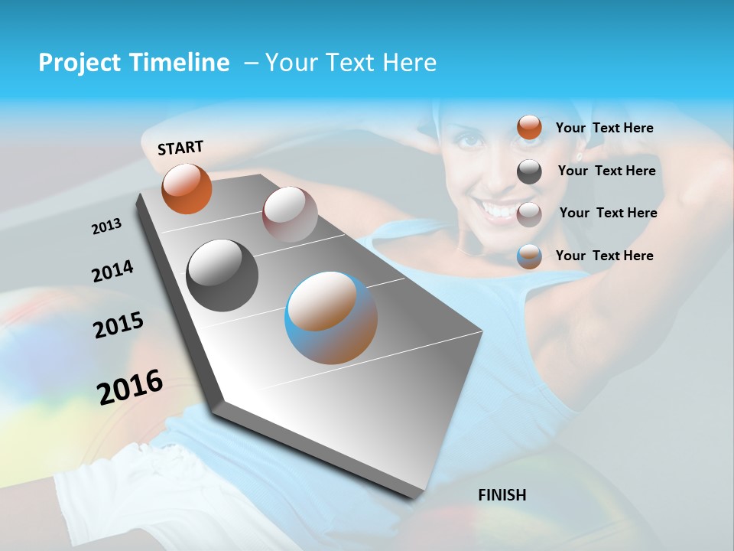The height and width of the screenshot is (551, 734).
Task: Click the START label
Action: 180,148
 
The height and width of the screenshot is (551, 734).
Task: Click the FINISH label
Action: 502,494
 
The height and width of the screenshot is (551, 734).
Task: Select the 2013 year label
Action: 106,226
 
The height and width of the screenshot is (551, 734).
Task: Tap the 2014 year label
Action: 112,271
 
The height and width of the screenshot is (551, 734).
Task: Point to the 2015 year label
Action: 118,324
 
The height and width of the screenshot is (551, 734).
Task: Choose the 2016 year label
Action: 130,386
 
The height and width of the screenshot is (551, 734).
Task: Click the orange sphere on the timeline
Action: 187,188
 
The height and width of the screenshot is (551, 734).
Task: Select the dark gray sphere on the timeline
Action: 222,275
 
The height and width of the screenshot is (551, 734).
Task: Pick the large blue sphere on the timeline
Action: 331,318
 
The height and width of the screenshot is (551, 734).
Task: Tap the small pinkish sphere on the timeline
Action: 290,214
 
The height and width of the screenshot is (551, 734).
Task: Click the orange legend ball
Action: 529,128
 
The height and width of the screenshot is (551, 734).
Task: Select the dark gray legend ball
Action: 529,171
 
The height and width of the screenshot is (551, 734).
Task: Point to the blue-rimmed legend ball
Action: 529,256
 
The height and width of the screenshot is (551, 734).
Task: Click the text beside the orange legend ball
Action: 604,128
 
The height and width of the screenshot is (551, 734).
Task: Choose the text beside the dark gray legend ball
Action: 606,171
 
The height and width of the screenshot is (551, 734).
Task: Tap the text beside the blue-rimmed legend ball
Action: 604,256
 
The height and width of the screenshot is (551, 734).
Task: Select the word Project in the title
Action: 76,63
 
